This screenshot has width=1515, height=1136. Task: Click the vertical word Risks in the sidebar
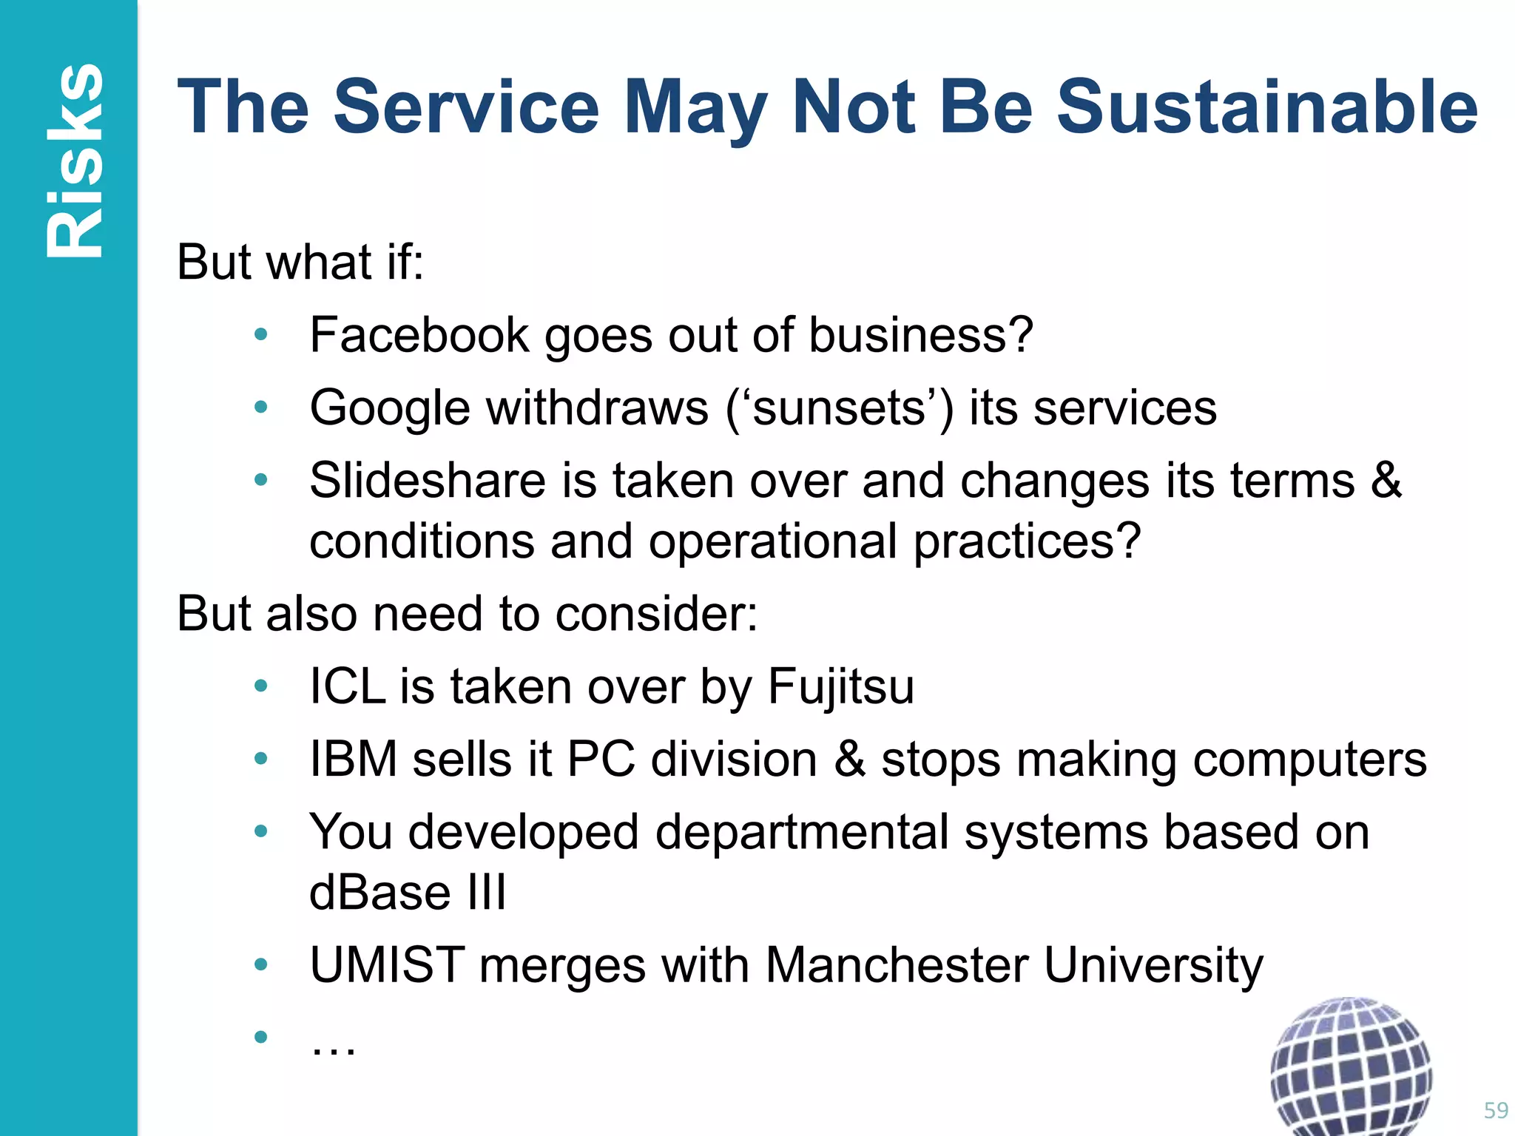[74, 161]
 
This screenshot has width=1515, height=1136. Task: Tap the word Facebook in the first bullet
[419, 335]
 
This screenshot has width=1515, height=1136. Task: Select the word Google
[389, 408]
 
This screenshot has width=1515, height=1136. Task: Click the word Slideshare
[428, 481]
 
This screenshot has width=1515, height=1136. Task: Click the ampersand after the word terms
[1386, 481]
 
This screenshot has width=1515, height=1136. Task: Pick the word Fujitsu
[840, 686]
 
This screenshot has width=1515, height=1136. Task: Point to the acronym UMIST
[386, 965]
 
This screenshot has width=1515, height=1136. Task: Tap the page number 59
[1496, 1110]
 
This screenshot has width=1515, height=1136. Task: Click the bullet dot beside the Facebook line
[260, 335]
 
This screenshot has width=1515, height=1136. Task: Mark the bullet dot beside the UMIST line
[260, 964]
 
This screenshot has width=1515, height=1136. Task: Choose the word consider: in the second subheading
[657, 614]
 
